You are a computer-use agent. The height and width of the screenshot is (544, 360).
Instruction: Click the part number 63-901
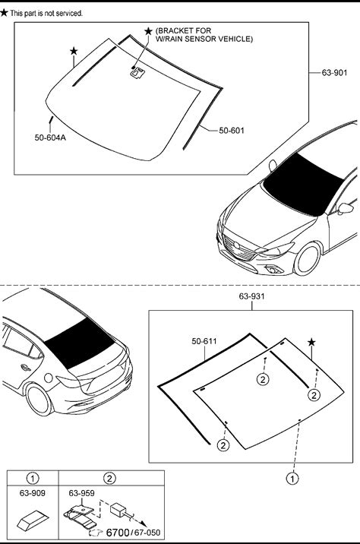pos(334,72)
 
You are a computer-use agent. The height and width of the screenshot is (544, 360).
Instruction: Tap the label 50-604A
pos(50,138)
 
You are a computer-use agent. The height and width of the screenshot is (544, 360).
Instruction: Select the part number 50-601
pos(232,131)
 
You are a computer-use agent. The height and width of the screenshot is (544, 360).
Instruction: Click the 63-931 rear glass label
pos(251,296)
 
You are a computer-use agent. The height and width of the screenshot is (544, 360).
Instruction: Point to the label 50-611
pos(204,341)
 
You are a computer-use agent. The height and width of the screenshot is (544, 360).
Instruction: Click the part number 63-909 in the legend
pos(32,493)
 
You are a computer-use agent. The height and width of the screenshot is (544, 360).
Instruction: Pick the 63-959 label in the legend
pos(81,493)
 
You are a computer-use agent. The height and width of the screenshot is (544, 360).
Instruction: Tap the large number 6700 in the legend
pos(118,532)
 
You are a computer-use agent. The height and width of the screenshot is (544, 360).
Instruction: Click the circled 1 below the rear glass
pos(292,479)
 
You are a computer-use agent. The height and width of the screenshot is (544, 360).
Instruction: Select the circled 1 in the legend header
pos(33,479)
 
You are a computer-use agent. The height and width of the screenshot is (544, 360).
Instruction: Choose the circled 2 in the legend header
pos(109,479)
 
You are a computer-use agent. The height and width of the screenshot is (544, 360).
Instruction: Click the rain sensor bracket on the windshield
pos(137,73)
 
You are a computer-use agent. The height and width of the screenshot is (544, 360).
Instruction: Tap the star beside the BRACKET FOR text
pos(148,31)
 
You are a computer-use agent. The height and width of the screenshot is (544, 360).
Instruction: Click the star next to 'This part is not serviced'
pos(4,13)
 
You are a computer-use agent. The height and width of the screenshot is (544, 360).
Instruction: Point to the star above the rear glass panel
pos(311,343)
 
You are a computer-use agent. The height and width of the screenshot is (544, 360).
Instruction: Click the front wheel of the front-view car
pos(307,259)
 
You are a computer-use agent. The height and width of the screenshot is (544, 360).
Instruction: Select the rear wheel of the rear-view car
pos(39,400)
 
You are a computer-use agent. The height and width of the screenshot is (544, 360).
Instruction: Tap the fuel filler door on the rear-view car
pos(48,378)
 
